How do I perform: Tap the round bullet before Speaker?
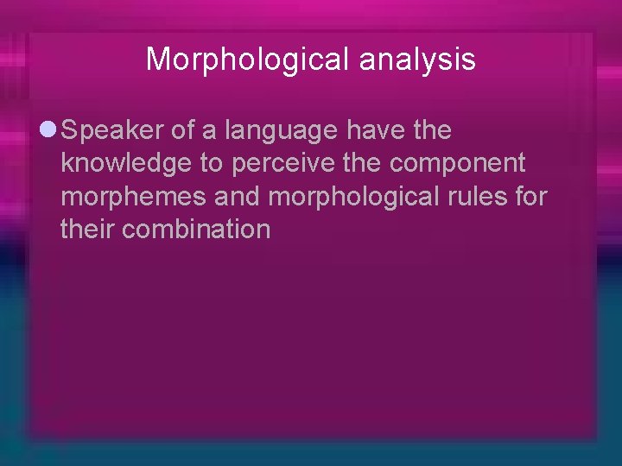coord(48,131)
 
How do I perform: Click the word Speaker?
coord(114,131)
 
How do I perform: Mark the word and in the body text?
coord(236,198)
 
